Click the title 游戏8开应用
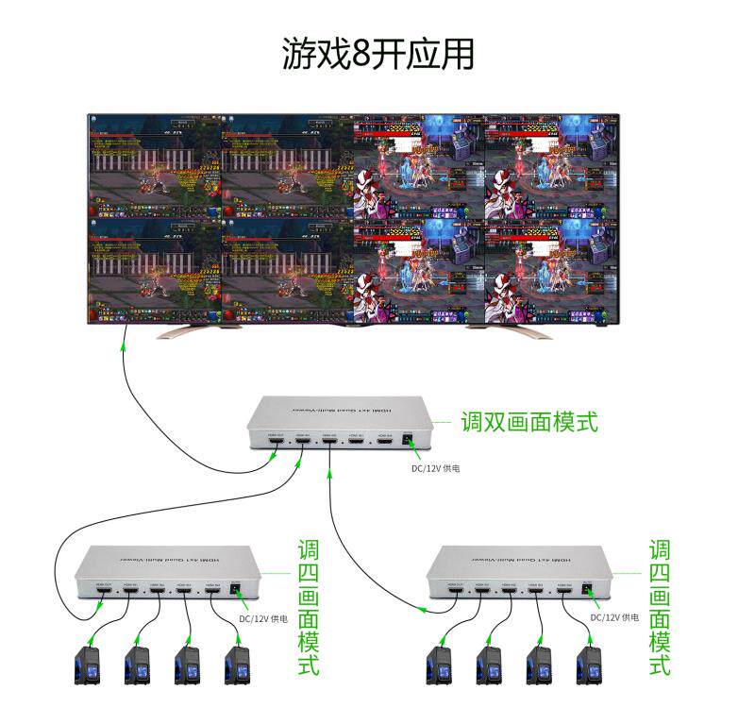click(x=377, y=55)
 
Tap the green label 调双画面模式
click(x=528, y=421)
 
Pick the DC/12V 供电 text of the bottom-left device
click(x=263, y=618)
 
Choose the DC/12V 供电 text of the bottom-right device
click(x=614, y=618)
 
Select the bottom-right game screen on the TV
click(x=551, y=269)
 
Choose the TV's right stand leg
click(x=510, y=330)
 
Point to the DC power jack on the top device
click(x=410, y=440)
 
